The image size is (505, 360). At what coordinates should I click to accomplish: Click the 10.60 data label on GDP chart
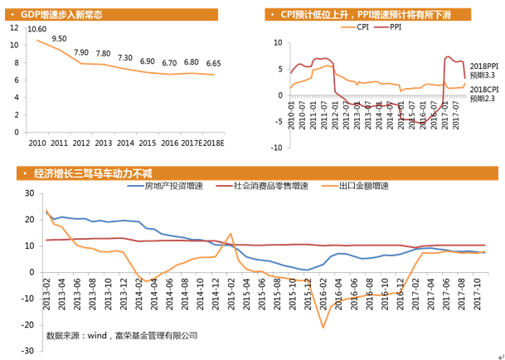[36, 29]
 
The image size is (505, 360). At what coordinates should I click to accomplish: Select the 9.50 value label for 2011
[59, 39]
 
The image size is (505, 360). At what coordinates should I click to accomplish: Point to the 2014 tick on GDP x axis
[125, 143]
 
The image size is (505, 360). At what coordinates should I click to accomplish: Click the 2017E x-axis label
[192, 143]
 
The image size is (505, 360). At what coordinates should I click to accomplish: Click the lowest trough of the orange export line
[323, 328]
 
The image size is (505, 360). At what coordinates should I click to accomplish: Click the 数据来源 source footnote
[122, 335]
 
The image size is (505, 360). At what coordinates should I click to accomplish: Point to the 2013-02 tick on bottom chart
[46, 290]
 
